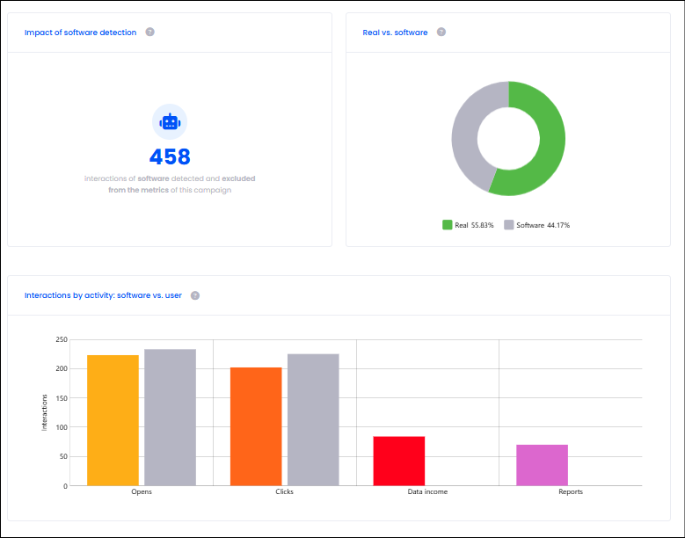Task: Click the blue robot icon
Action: [170, 122]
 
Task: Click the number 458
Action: [170, 156]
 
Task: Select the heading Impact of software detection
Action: [80, 33]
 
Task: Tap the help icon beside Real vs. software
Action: [441, 32]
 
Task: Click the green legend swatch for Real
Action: [447, 225]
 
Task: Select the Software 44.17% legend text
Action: [543, 225]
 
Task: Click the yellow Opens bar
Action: [113, 420]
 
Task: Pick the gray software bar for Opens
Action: [170, 417]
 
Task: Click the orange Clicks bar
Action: [256, 426]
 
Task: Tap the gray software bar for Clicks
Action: [313, 419]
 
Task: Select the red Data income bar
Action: [399, 461]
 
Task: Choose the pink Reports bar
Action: [543, 465]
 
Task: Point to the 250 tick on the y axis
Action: [62, 339]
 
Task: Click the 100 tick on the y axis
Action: [62, 427]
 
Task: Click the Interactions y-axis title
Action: [44, 412]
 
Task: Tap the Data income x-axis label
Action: [427, 491]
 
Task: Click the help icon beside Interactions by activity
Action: [195, 295]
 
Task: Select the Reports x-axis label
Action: [571, 491]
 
